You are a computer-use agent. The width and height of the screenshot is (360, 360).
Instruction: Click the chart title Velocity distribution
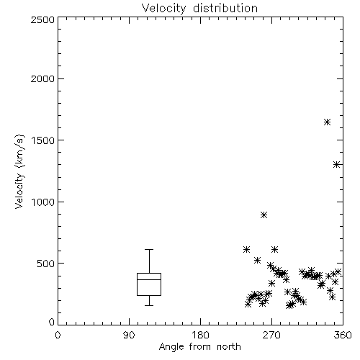click(x=199, y=8)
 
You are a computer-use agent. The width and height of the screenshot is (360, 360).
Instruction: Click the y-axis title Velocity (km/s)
click(x=19, y=172)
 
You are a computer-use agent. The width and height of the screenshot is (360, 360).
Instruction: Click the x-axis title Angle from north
click(x=199, y=346)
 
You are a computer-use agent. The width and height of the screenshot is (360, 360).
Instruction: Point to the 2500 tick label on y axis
click(x=42, y=19)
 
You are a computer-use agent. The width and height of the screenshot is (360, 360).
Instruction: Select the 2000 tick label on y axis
click(x=42, y=78)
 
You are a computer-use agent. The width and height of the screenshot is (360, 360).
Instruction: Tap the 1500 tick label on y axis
click(x=43, y=140)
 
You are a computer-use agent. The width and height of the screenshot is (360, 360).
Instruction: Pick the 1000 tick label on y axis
click(x=43, y=202)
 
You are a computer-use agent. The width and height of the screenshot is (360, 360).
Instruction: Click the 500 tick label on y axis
click(x=46, y=264)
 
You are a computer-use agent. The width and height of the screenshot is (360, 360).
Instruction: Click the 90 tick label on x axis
click(x=129, y=335)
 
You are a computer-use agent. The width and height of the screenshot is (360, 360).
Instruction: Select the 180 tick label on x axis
click(x=200, y=335)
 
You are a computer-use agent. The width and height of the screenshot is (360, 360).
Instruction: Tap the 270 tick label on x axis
click(x=271, y=335)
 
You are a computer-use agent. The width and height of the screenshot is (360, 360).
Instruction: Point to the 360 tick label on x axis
click(x=343, y=335)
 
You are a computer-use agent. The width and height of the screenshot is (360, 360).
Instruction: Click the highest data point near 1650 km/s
click(x=327, y=122)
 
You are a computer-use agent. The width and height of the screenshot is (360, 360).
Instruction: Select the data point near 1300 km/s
click(x=337, y=165)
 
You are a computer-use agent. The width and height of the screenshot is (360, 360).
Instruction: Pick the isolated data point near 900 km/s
click(x=264, y=215)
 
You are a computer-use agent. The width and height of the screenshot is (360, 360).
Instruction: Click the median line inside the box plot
click(x=149, y=279)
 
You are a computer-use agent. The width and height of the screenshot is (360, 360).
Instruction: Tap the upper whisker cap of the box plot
click(x=149, y=250)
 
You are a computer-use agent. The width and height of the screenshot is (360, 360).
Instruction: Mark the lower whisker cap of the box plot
click(x=149, y=305)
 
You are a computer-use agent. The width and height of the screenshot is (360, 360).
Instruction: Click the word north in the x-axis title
click(x=229, y=346)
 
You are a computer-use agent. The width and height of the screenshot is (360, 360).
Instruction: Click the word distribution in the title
click(x=225, y=8)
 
